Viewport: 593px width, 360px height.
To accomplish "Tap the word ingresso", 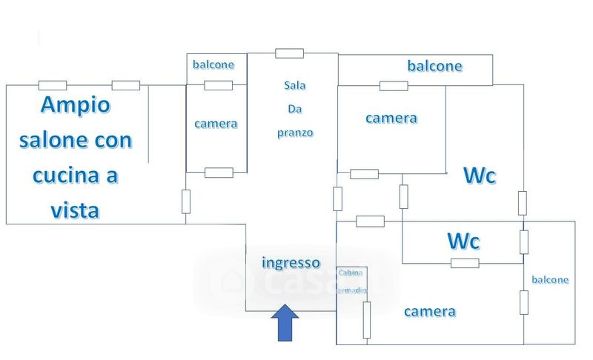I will coord(291,263).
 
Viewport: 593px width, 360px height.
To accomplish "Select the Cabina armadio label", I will coord(351,281).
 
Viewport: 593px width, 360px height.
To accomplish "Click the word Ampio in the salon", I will coord(75,105).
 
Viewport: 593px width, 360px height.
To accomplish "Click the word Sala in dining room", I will coord(294,85).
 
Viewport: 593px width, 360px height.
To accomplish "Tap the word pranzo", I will coord(295,133).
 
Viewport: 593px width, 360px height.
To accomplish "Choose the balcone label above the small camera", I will coord(213,64).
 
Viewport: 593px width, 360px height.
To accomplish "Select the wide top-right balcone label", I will coord(434,66).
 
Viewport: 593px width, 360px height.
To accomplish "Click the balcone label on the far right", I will coord(550,280).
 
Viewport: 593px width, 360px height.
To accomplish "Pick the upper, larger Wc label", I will coord(479,176).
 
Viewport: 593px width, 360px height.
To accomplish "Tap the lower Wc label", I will coord(463,241).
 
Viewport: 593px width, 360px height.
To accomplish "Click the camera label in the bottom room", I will coord(430,312).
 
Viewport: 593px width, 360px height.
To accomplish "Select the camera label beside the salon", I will coord(216,124).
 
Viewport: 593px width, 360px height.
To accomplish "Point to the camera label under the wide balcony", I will coord(391,119).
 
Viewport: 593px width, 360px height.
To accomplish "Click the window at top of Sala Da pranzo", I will coord(289,53).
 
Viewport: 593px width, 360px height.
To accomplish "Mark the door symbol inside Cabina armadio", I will coord(366,320).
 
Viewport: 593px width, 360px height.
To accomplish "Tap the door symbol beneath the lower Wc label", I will coord(465,263).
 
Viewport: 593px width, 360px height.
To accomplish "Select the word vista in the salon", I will coord(75,211).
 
